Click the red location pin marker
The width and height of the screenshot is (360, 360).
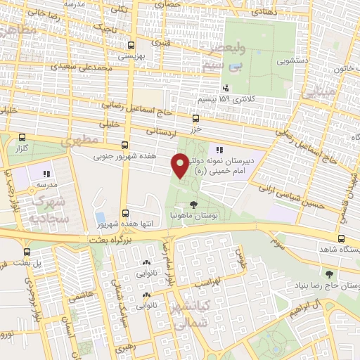coord(180,166)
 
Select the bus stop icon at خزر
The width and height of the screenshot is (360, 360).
coord(195,119)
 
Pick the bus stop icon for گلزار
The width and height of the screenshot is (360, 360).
coord(23,139)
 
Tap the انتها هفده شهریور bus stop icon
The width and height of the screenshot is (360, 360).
coord(124,213)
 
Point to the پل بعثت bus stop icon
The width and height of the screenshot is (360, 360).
coord(27,252)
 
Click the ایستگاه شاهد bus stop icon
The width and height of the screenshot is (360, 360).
coord(342,239)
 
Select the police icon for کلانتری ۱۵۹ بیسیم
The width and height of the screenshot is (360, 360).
coord(226,89)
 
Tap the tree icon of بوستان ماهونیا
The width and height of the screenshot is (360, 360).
coord(193,203)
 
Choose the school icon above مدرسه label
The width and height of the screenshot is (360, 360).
coord(47,174)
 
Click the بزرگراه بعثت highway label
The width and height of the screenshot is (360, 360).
coord(109,240)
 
